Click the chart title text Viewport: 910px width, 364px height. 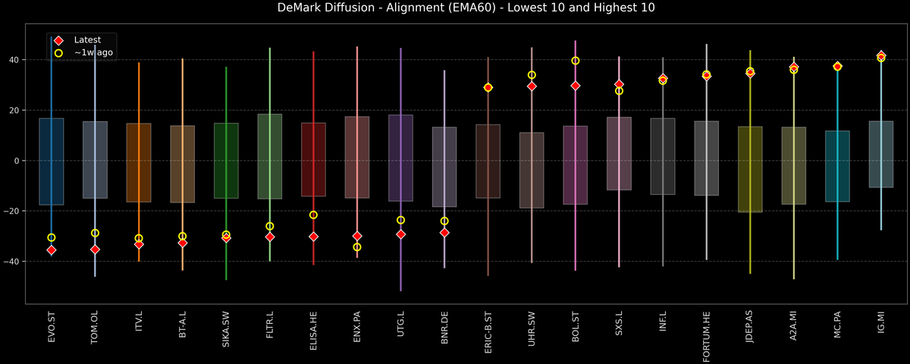coord(455,8)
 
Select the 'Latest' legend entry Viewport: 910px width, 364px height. coord(84,40)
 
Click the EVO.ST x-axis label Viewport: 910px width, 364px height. coord(52,327)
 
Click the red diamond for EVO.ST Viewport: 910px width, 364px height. coord(52,250)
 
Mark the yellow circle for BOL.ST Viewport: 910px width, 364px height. coord(576,61)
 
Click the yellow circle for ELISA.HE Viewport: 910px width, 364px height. coord(313,215)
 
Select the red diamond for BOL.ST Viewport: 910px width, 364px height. coord(576,86)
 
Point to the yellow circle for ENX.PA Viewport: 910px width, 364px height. coord(357,247)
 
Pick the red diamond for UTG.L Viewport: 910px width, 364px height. coord(400,234)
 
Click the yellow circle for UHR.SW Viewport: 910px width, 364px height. coord(532,75)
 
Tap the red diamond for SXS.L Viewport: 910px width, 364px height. coord(619,84)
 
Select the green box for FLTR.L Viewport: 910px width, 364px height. coord(270,156)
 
